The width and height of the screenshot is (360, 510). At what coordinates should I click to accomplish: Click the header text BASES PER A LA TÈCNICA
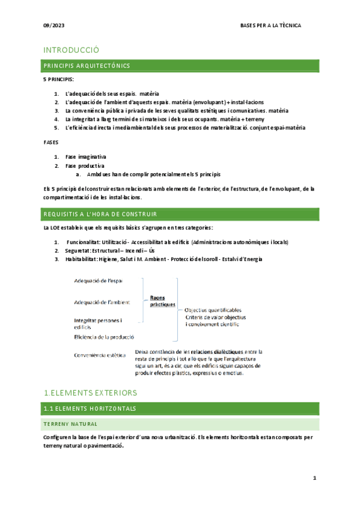click(270, 26)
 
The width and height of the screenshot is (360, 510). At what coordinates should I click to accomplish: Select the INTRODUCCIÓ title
click(71, 50)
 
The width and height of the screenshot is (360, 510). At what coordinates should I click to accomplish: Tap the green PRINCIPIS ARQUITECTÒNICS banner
click(180, 65)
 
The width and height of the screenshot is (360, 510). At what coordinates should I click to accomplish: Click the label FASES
click(52, 143)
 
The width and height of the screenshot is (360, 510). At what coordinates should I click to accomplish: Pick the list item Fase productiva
click(85, 165)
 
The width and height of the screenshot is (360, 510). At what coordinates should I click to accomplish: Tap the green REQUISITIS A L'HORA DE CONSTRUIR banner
click(180, 214)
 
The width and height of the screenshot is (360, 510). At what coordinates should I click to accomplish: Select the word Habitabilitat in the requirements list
click(83, 259)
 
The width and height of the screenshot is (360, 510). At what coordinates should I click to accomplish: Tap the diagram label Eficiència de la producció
click(104, 337)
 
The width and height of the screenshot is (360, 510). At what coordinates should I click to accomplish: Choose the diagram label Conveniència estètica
click(99, 355)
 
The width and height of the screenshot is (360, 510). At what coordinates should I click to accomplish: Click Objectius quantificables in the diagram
click(213, 309)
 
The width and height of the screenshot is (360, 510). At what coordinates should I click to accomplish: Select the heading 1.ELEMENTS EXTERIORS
click(91, 376)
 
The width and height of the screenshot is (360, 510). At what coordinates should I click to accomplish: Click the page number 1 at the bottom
click(314, 478)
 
